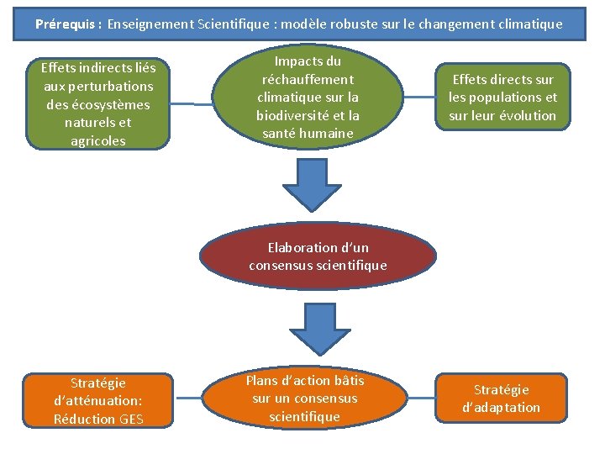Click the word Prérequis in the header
(66, 24)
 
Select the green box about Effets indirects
(98, 103)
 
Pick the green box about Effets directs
(502, 97)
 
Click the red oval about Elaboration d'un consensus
(318, 256)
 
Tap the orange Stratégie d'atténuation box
(98, 400)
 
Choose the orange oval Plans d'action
(305, 399)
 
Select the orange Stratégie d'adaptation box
(501, 399)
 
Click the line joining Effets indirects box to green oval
(192, 104)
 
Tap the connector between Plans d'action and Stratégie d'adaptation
(418, 398)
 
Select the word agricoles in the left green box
(98, 140)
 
